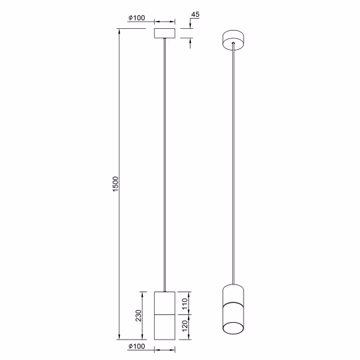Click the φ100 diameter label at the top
137,17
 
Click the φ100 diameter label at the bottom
137,346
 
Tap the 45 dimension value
194,14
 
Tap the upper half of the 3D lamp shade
233,294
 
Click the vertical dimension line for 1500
120,240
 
